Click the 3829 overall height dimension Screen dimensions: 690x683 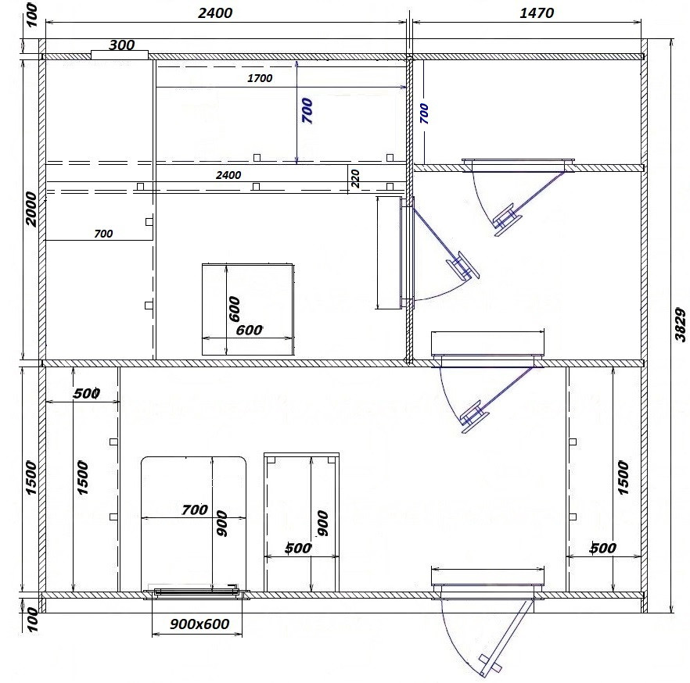coord(681,325)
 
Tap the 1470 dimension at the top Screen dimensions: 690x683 coord(537,13)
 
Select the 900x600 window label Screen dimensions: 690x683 coord(199,624)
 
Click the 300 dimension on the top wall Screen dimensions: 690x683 coord(121,45)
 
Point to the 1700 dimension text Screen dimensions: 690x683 coord(260,78)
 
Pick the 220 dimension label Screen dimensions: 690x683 coord(355,178)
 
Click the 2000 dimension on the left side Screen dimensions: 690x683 coord(31,209)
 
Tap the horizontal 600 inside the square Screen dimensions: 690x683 coord(249,330)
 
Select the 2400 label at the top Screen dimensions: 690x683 coord(214,13)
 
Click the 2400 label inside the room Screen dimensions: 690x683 coord(228,175)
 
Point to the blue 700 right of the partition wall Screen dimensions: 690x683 coord(424,113)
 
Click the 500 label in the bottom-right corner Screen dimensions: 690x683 coord(603,548)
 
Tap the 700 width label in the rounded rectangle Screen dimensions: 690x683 coord(195,510)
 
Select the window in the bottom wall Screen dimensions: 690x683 coord(196,592)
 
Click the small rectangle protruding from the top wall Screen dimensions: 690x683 coord(120,55)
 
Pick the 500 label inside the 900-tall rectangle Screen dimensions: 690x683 coord(298,548)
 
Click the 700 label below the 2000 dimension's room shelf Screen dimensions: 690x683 coord(103,234)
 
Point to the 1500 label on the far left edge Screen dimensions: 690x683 coord(31,477)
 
